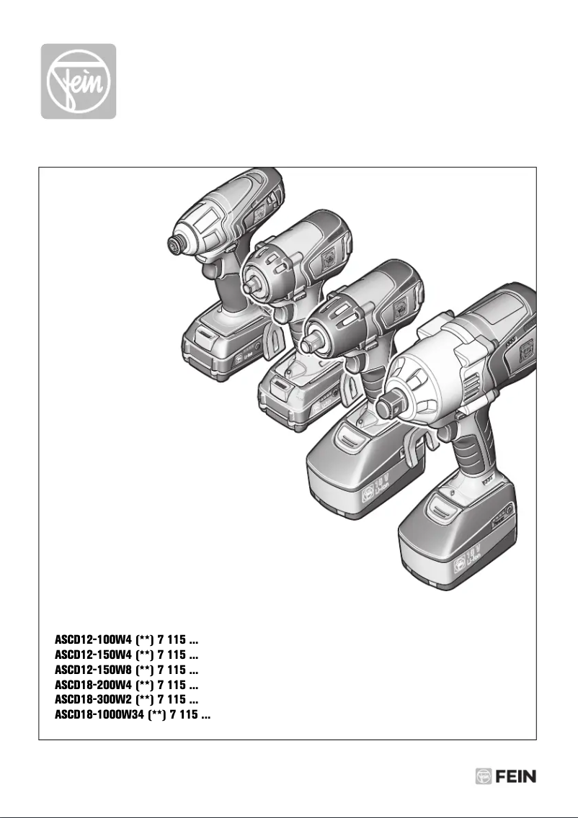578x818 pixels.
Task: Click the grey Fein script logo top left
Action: coord(78,81)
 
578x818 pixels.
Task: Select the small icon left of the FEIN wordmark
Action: coord(484,777)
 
